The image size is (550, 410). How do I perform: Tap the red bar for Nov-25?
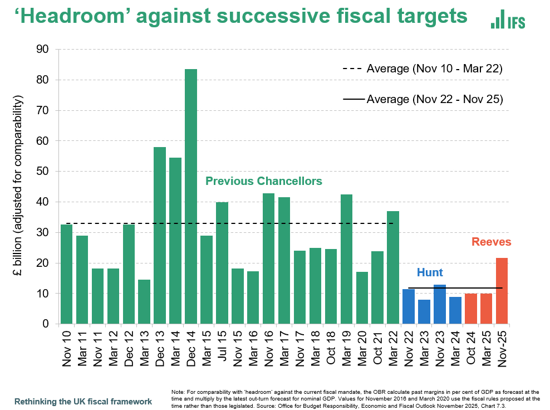point(502,290)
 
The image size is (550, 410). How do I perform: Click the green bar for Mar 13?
point(144,301)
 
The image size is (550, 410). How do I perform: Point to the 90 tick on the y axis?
point(42,50)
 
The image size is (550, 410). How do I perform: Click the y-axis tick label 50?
point(42,172)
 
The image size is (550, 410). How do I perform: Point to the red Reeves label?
point(491,242)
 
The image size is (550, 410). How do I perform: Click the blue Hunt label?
point(430,272)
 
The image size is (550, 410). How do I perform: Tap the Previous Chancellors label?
point(263,181)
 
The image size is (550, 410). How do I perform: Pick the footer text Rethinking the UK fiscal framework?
point(83,401)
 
